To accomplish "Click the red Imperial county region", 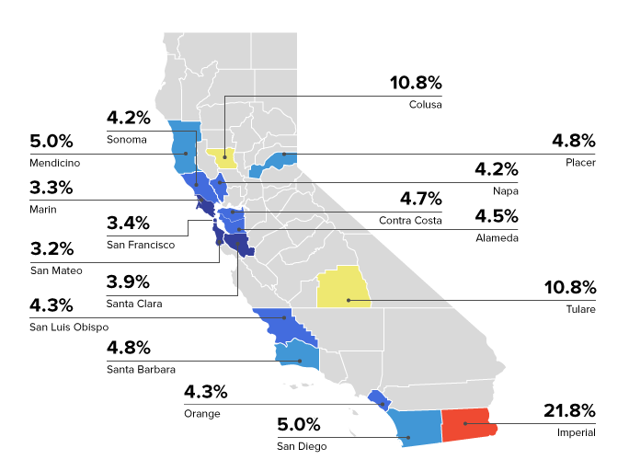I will click(x=469, y=424).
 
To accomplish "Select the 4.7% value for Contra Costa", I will click(x=420, y=198).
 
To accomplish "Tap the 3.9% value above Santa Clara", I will click(x=128, y=281).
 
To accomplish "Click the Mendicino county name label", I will click(x=54, y=163).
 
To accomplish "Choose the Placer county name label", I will click(x=580, y=163).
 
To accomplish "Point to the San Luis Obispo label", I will click(x=69, y=327).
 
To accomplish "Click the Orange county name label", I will click(x=200, y=414).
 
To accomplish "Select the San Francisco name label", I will click(x=141, y=246).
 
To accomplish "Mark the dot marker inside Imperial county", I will click(x=465, y=423).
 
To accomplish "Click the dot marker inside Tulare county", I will click(x=348, y=300).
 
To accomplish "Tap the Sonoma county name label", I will click(x=127, y=140).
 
